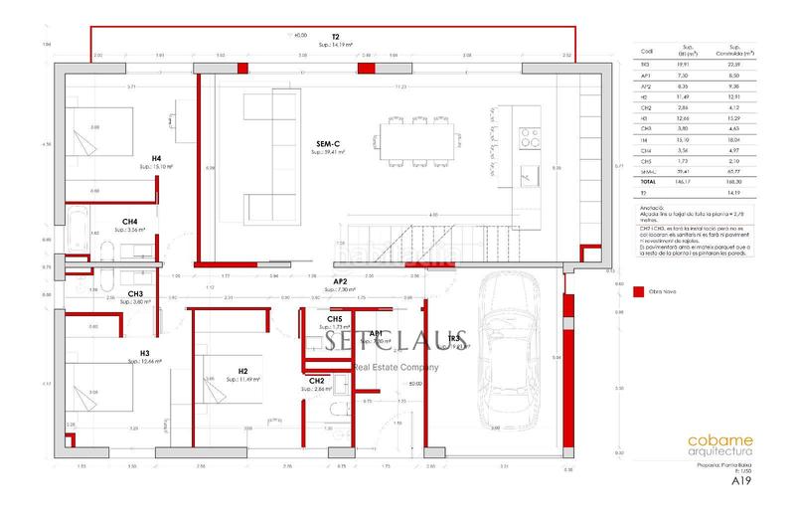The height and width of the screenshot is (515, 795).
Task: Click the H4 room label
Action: pos(157,159)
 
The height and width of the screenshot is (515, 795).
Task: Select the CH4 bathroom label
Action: pos(130,222)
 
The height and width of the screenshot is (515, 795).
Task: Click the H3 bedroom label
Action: pos(144,353)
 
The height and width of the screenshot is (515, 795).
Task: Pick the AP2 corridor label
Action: pos(340,281)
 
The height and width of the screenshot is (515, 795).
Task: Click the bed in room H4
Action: pos(93,134)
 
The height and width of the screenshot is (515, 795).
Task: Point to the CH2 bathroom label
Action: pos(318,381)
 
